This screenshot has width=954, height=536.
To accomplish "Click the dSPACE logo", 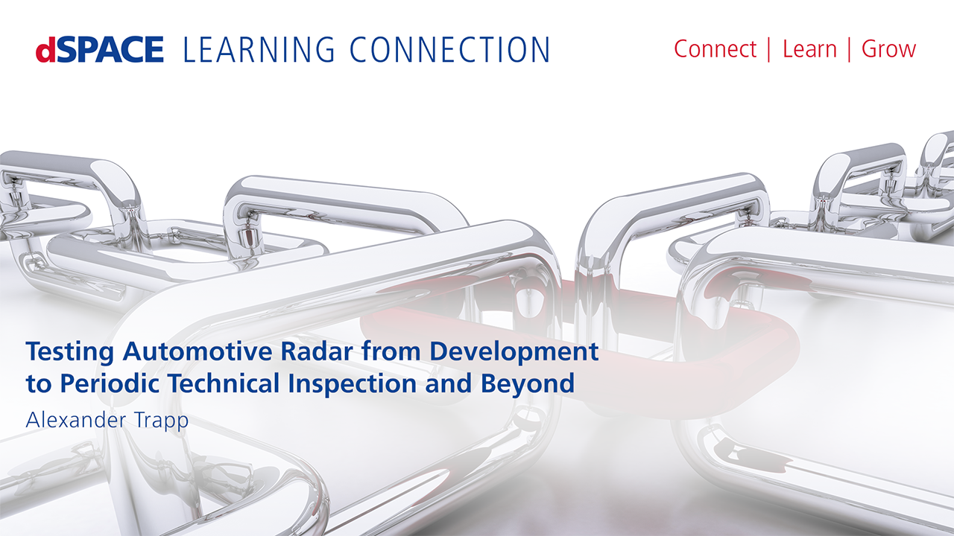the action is point(100,49).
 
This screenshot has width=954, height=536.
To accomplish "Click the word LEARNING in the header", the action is point(259,49).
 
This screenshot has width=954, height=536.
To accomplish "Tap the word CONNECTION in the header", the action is point(449,49).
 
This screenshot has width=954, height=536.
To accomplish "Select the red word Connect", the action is point(715,49).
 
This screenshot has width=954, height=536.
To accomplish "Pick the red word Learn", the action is point(809,49).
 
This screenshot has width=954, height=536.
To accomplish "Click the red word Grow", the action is point(889,50).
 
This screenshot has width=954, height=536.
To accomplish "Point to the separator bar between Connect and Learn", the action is point(768,50).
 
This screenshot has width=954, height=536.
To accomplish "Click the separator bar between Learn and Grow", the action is point(849,50).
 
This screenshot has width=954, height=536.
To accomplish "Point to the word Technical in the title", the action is point(224,383).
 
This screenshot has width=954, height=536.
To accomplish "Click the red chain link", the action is point(724,366).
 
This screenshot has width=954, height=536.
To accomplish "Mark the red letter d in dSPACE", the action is point(45,50).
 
